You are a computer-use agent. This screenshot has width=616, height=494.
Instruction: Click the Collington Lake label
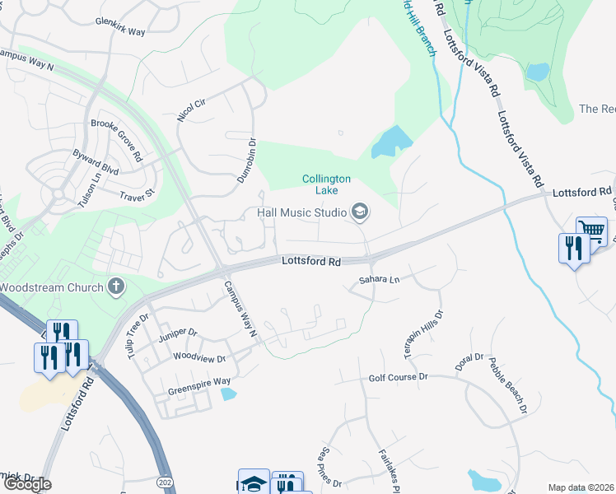327,184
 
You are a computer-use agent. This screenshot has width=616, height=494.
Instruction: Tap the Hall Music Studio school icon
359,212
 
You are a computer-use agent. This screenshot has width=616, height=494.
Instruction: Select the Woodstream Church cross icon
117,287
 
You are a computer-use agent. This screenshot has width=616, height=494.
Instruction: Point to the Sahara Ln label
379,280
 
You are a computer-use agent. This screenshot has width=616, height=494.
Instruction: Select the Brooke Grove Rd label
116,139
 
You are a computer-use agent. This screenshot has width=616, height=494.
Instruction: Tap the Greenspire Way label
199,382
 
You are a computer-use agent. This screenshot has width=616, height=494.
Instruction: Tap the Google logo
27,484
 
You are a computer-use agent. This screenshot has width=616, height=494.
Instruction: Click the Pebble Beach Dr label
507,384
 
